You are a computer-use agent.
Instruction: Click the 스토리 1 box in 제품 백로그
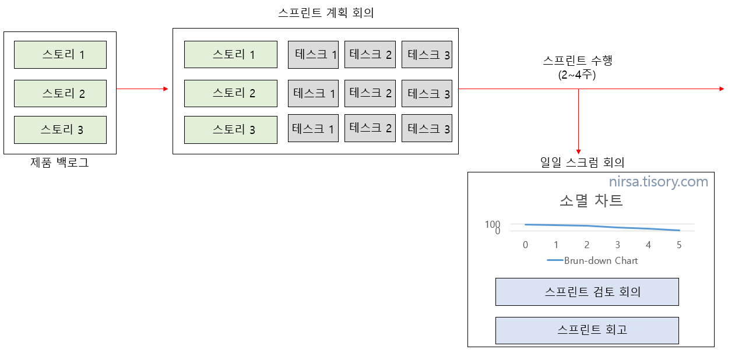(x=60, y=55)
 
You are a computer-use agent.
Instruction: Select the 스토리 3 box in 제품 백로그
(x=60, y=129)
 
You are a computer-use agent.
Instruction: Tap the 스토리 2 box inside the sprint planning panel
(x=231, y=93)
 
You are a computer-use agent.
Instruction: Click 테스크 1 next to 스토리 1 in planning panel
(x=313, y=55)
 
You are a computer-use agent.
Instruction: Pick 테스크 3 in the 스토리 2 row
(x=427, y=93)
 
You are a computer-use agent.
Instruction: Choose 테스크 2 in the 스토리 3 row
(x=370, y=128)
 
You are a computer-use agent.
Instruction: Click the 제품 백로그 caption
(x=59, y=163)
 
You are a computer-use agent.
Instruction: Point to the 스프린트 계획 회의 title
(x=326, y=13)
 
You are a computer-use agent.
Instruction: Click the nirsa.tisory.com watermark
(x=659, y=182)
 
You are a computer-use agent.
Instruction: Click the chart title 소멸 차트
(x=591, y=200)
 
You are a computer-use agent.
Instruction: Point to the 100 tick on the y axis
(x=493, y=224)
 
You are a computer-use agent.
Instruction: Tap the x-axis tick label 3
(x=618, y=245)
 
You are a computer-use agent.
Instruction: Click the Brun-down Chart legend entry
(x=593, y=260)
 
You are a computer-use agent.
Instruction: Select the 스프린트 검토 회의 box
(x=587, y=292)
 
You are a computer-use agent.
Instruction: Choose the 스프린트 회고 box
(x=587, y=330)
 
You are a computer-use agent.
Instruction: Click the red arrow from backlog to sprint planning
(x=142, y=89)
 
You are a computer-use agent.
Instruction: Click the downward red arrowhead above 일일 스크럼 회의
(x=578, y=151)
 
